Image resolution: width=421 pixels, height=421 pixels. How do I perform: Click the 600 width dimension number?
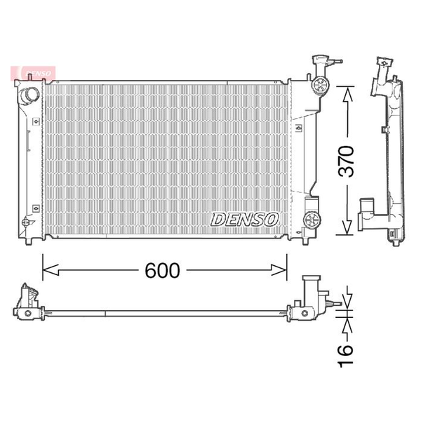click(x=162, y=270)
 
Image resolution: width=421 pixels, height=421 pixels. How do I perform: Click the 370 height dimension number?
click(x=346, y=161)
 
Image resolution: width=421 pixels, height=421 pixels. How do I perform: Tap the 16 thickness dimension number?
click(x=345, y=356)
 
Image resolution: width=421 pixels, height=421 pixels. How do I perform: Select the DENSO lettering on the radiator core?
click(x=244, y=220)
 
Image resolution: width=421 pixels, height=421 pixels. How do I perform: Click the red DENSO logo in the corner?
click(x=33, y=73)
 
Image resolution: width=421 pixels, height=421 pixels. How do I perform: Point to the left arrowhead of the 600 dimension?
click(x=51, y=270)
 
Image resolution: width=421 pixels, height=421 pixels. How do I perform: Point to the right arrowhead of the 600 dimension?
click(x=279, y=270)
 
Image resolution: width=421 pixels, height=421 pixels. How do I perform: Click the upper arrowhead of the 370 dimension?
click(x=348, y=95)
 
